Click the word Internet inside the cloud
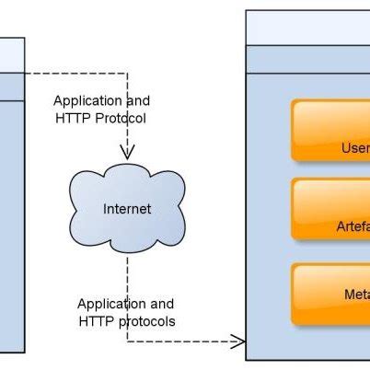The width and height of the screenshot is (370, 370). click(126, 209)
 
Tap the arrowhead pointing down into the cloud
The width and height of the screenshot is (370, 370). click(127, 151)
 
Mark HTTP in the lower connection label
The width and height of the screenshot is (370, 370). click(96, 321)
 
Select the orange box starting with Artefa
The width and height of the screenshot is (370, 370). click(331, 209)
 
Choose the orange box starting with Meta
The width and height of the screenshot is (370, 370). click(331, 295)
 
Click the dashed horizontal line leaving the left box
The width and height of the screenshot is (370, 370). click(74, 72)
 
